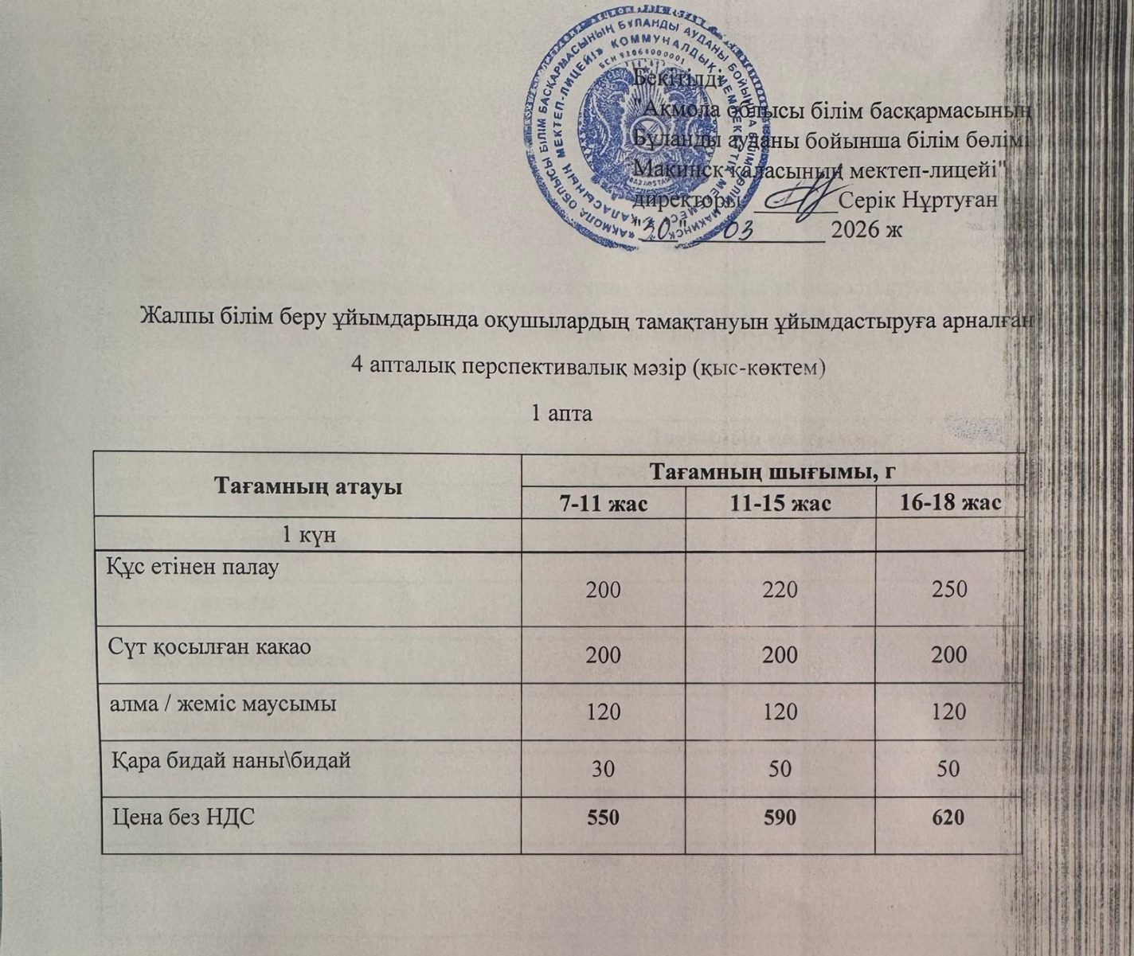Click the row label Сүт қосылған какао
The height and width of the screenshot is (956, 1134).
(x=209, y=646)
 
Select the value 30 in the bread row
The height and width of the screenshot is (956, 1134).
(x=603, y=769)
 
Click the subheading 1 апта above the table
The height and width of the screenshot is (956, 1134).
(x=561, y=414)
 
